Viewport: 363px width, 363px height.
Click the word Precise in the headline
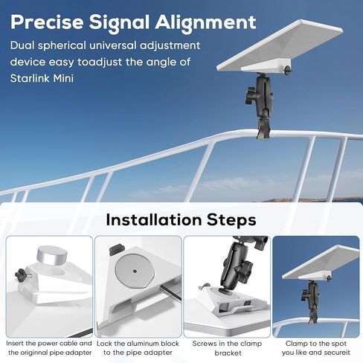[47, 22]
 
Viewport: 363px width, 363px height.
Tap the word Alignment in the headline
[205, 22]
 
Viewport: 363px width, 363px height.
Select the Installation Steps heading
[181, 219]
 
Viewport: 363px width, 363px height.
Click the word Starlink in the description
[30, 78]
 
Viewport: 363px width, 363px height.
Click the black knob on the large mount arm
[251, 95]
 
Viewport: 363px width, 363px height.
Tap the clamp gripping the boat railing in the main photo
[263, 129]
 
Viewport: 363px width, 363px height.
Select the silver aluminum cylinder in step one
[52, 255]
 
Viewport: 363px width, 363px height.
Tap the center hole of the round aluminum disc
[135, 271]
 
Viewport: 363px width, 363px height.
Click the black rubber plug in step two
[115, 249]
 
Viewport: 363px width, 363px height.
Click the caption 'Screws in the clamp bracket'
[227, 348]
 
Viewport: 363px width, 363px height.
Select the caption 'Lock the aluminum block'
[138, 344]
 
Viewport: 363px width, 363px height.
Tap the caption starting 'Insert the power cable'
[49, 348]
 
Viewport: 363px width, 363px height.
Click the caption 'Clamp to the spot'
[316, 344]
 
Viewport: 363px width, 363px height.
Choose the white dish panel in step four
[321, 262]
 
